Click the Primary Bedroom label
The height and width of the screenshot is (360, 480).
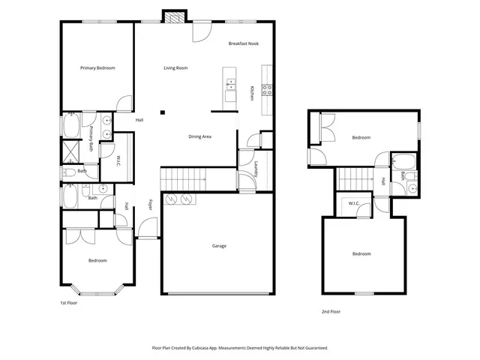click(x=97, y=68)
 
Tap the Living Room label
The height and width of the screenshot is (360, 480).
click(x=175, y=68)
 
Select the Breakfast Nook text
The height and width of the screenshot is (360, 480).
click(x=244, y=44)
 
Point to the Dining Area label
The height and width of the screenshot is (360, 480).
click(x=199, y=136)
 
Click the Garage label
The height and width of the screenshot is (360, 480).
click(x=219, y=246)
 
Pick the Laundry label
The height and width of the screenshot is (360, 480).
click(x=256, y=168)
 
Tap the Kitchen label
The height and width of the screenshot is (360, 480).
click(x=252, y=93)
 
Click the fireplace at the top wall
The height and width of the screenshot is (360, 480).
click(x=174, y=16)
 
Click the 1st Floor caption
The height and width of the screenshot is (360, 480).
click(x=69, y=303)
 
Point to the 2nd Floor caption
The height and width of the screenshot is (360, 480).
click(x=331, y=310)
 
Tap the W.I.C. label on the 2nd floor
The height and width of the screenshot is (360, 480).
click(x=354, y=203)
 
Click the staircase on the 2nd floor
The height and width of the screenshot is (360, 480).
click(x=354, y=179)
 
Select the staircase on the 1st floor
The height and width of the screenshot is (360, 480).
click(x=184, y=178)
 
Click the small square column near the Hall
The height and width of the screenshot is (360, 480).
click(x=161, y=113)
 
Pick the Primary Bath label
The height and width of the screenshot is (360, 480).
click(x=91, y=139)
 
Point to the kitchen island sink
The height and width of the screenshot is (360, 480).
click(x=230, y=84)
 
